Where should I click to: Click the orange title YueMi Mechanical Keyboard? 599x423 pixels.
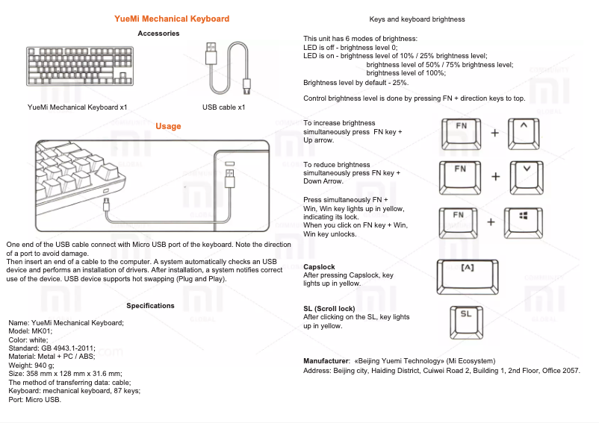coord(172,19)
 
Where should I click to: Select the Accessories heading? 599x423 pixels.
coord(158,34)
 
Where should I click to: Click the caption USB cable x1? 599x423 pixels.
coord(223,107)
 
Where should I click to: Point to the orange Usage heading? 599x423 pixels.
coord(168,126)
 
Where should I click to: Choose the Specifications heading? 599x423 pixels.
coord(150,306)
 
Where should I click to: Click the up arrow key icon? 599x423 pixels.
coord(524,133)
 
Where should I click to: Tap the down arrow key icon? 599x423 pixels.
coord(527,176)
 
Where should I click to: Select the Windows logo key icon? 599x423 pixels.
coord(523,222)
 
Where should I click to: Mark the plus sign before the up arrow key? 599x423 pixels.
coord(494,133)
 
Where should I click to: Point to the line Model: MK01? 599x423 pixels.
coord(31,331)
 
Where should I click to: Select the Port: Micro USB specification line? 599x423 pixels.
coord(34,399)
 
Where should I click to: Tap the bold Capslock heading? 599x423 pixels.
coord(319,267)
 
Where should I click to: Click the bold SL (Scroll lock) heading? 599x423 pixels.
coord(329,309)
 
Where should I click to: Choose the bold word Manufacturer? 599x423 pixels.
coord(326,361)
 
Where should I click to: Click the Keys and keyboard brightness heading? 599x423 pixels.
coord(417,19)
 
